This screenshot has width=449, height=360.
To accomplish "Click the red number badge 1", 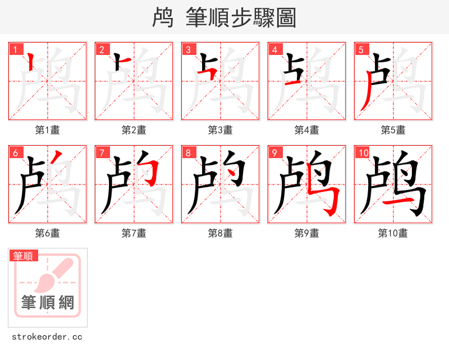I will click(15, 49).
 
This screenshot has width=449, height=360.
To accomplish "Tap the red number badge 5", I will click(361, 49).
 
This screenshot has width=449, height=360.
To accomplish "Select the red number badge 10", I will click(363, 153).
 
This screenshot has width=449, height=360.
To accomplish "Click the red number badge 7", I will click(102, 153).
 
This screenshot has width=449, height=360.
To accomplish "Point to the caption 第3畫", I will click(220, 130).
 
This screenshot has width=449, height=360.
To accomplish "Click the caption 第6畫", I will click(47, 233).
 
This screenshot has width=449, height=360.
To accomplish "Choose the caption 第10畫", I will click(393, 233).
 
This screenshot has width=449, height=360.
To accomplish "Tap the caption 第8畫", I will click(220, 233).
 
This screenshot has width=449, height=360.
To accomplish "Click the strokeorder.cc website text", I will click(47, 337).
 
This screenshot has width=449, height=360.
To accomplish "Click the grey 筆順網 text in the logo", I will click(48, 302).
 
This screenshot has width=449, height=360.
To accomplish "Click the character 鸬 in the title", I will click(162, 18).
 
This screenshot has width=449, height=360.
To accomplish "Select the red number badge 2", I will click(102, 49).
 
